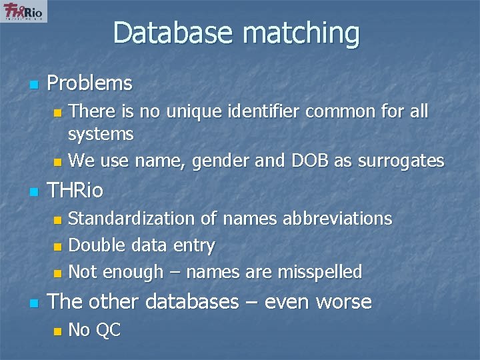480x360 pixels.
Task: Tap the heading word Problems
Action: click(x=90, y=84)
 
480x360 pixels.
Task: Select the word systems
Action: click(x=101, y=134)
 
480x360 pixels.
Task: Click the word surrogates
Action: click(x=401, y=161)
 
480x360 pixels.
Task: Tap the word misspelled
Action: click(x=320, y=272)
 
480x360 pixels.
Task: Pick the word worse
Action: click(x=343, y=302)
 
